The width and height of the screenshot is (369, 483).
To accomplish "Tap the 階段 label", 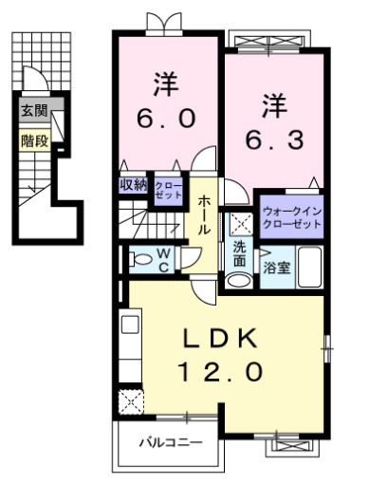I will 35,141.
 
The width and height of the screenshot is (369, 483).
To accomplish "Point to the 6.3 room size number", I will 275,139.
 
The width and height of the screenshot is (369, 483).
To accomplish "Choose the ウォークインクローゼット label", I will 289,214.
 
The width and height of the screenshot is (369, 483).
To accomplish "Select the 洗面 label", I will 240,254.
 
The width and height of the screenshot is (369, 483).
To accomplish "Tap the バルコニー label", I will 169,442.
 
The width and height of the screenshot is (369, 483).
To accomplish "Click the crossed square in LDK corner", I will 128,401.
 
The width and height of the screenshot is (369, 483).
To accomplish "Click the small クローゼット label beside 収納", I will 168,187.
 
